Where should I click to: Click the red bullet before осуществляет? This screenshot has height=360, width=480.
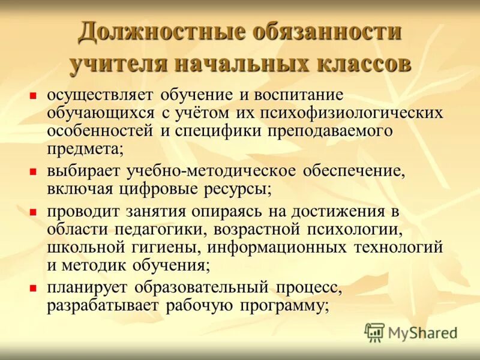[34, 95]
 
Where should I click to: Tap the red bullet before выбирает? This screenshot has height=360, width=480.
[34, 171]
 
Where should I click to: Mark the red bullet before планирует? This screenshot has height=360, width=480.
[34, 288]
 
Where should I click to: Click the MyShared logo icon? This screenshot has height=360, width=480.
[375, 332]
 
